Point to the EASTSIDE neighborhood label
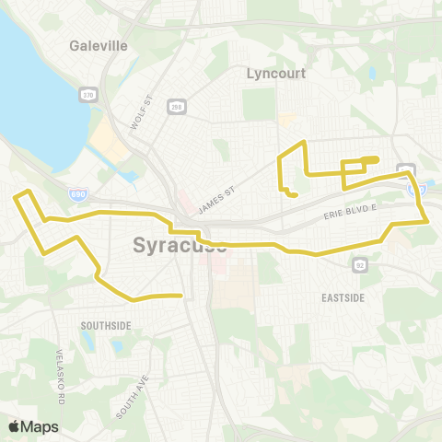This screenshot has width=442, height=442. click(x=343, y=298)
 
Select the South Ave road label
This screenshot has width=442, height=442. click(x=133, y=396)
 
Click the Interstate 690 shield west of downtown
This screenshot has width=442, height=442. click(x=80, y=194)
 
